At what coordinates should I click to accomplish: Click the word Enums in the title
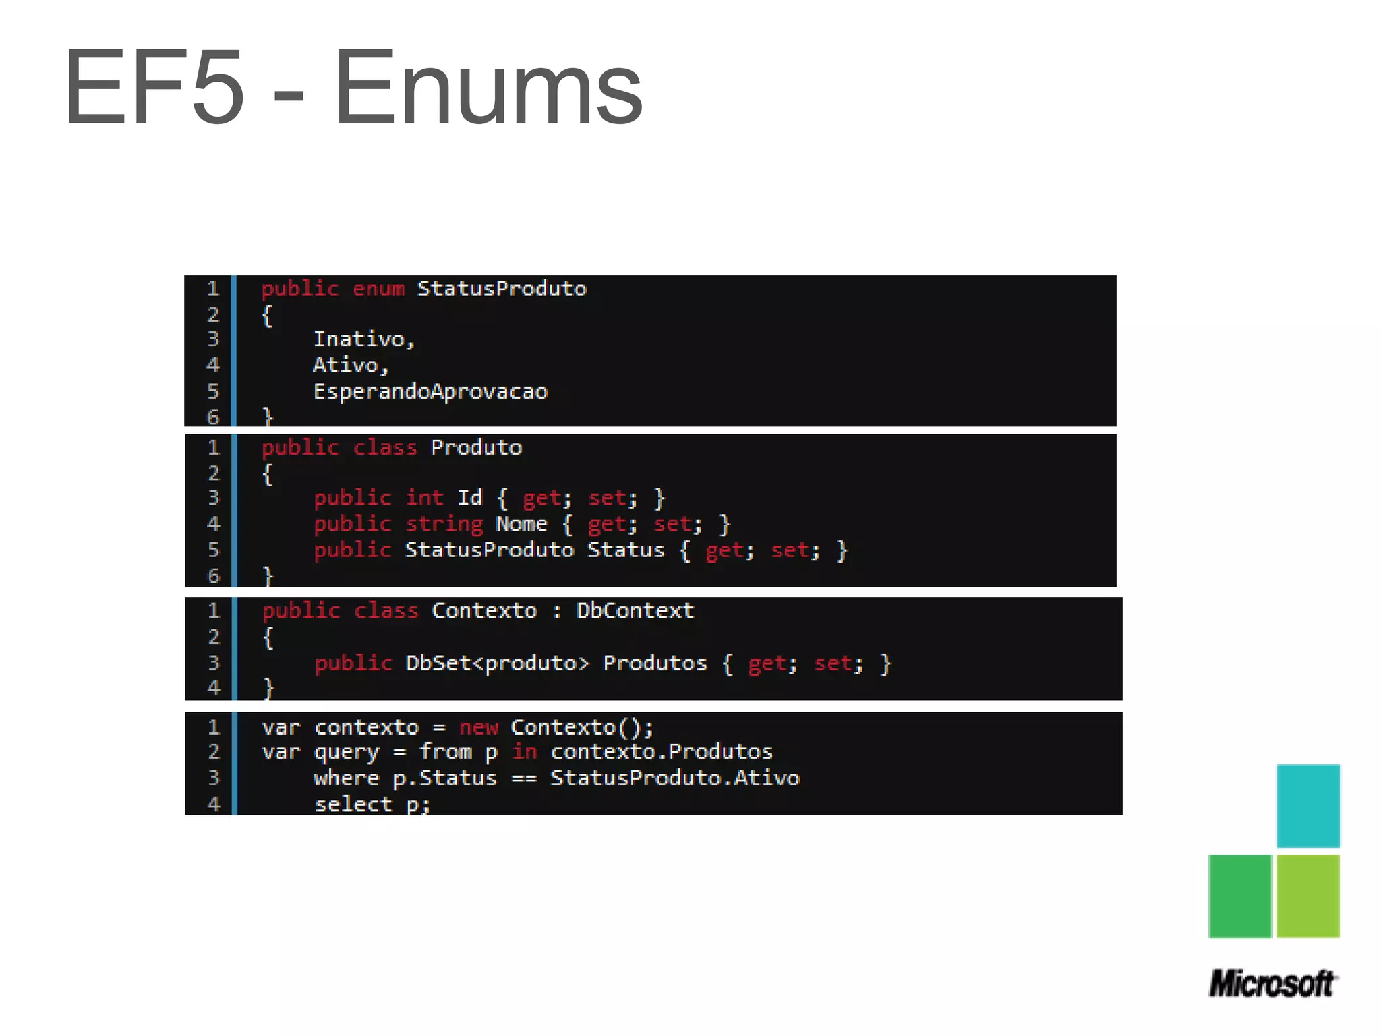488,88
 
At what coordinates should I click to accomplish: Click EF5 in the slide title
154,88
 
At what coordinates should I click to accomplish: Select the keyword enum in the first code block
378,289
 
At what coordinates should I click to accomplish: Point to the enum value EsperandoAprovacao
430,391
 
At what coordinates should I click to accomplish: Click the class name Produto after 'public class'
476,448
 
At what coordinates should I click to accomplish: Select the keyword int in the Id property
424,498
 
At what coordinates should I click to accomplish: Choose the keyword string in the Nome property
444,524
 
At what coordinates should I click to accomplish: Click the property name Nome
521,524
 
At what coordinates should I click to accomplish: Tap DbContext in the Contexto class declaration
635,611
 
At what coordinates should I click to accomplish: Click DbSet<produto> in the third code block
497,664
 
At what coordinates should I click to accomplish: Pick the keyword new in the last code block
478,728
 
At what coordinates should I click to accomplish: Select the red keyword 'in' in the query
524,752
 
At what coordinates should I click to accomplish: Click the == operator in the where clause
524,778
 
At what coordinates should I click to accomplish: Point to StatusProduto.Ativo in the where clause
675,778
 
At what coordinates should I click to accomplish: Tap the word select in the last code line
353,804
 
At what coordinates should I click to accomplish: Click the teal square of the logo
1307,805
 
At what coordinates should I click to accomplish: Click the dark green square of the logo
1239,896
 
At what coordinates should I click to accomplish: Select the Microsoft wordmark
1272,983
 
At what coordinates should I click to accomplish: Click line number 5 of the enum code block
213,391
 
